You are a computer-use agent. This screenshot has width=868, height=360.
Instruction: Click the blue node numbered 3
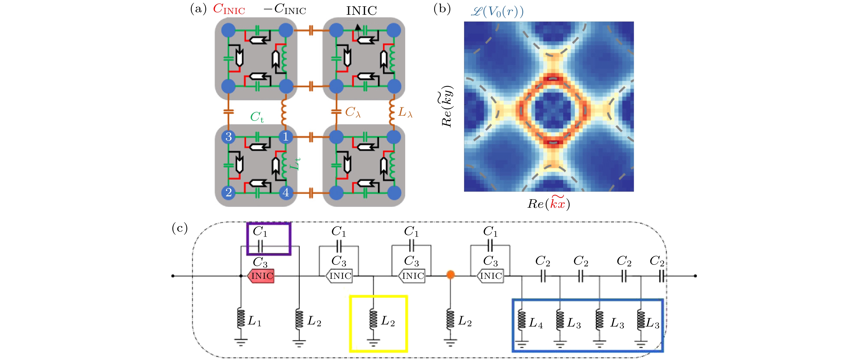pos(229,137)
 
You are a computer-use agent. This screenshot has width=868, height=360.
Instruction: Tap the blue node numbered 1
pos(286,137)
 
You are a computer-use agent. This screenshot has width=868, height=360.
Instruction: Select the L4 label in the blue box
pos(535,323)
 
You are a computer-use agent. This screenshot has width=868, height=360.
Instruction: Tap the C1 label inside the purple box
pos(260,231)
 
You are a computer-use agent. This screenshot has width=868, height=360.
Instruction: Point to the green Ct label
pos(257,117)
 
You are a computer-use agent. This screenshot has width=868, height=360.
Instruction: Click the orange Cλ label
pos(353,112)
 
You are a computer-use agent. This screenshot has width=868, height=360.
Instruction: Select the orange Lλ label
pos(405,112)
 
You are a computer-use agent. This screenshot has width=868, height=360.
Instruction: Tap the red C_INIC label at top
pos(229,9)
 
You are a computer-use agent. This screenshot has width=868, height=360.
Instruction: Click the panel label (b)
pos(442,9)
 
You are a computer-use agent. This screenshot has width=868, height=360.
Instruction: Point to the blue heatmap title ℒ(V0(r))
pos(497,12)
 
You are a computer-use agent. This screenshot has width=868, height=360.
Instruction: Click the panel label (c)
pos(180,228)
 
